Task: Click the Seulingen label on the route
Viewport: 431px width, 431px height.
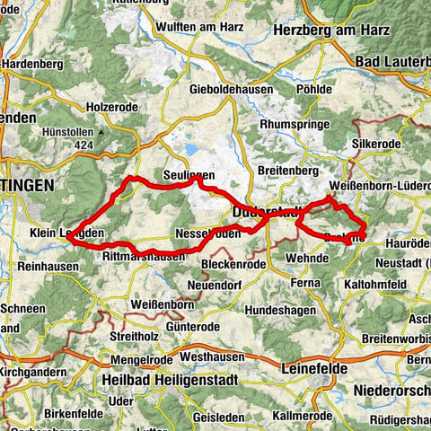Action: click(x=187, y=174)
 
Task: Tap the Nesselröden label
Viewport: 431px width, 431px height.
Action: click(x=206, y=232)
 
